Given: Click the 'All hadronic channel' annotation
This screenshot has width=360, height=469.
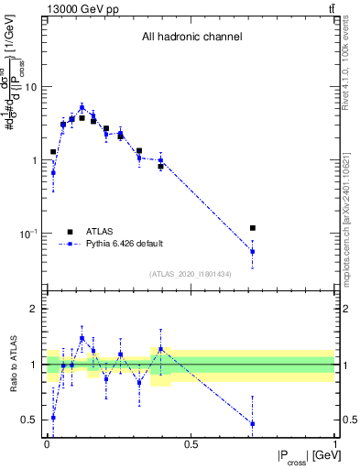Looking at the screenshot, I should tap(191, 38).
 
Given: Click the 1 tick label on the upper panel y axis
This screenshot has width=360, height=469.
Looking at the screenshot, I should tap(37, 160).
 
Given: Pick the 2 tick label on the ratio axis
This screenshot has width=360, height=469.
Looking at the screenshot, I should tap(37, 309).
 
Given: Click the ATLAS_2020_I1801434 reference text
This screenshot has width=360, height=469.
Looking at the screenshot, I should tap(191, 274).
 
